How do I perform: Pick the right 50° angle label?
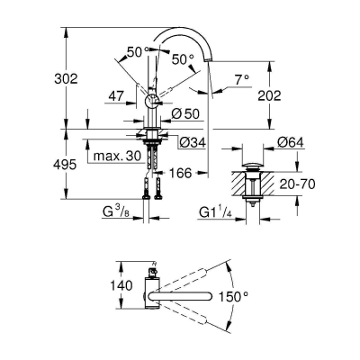(183, 58)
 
